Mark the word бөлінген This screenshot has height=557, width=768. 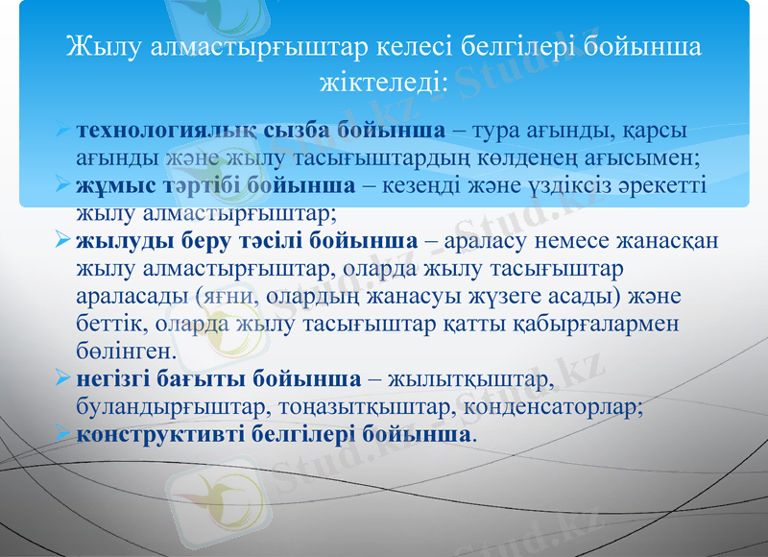coord(126,350)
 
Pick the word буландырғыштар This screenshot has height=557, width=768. coord(173,406)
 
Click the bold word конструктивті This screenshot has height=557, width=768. coord(154,434)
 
